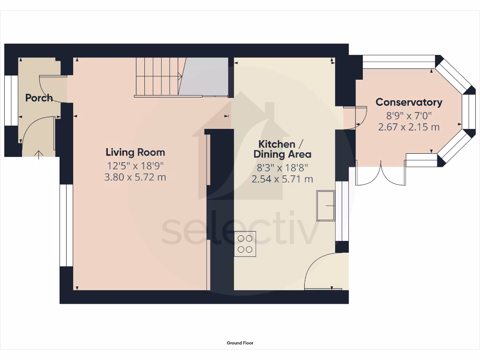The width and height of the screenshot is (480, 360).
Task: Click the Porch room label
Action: click(39, 98)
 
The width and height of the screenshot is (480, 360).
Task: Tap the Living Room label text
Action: click(135, 152)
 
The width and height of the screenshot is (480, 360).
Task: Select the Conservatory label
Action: click(409, 102)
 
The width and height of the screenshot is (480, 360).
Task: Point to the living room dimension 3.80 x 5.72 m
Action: click(135, 177)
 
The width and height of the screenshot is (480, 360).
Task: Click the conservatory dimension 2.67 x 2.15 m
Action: click(409, 127)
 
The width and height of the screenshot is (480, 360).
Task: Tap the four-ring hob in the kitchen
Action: click(245, 244)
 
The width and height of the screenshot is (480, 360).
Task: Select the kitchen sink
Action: click(326, 205)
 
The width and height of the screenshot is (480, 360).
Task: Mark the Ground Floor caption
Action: click(240, 343)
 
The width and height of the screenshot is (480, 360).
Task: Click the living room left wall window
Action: click(66, 225)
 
